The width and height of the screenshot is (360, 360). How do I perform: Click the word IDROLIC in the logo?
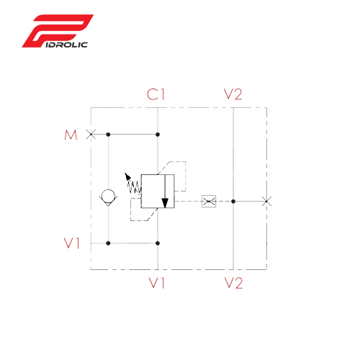point(66,45)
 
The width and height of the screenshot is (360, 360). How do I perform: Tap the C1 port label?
point(156,94)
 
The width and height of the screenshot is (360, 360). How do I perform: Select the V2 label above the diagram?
point(233,94)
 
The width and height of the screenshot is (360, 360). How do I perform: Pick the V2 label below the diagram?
point(233,283)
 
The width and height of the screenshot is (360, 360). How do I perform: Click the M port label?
point(71,135)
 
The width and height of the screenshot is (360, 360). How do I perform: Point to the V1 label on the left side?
point(71,243)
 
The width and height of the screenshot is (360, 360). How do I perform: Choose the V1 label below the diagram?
point(157,283)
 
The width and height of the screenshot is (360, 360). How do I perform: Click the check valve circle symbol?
point(108,196)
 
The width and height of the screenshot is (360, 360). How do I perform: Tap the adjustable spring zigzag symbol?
point(134,187)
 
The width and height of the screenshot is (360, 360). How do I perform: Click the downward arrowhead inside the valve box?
point(165,203)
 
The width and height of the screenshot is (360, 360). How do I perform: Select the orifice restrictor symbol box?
point(209,202)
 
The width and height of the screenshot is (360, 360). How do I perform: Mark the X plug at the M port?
point(91,135)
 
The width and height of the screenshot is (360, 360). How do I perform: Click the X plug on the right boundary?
point(266,202)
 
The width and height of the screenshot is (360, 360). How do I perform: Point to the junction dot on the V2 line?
point(233,202)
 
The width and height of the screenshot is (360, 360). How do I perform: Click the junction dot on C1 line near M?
point(158,135)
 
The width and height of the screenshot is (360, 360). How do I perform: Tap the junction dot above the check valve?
point(108,135)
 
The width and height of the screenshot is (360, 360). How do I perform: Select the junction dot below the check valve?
point(108,243)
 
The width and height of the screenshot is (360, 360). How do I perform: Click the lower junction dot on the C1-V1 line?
point(158,243)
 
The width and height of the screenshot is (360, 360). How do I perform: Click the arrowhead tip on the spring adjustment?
point(125,173)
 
